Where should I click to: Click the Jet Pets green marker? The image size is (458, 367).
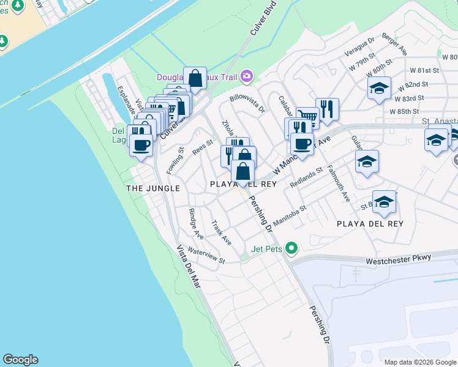coord(292,248)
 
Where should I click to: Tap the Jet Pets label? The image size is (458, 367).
coord(266,248)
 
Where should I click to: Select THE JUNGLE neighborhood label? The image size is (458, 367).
coord(153,188)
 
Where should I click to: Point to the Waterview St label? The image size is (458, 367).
coord(206,256)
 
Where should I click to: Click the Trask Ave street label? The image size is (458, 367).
coord(221,232)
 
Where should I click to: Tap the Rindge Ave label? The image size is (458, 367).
coord(196,223)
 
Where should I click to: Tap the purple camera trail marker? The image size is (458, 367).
coord(247,76)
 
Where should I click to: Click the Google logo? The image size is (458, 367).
coord(20,360)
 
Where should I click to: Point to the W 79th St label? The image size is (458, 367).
coord(362,63)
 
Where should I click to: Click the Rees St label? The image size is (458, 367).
coord(202,147)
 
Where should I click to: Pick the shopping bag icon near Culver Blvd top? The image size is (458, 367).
coord(195,78)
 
